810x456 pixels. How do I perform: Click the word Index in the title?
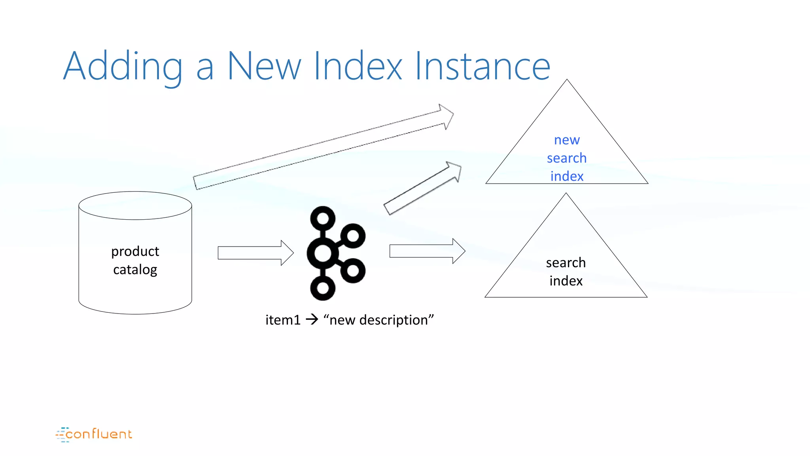coord(358,66)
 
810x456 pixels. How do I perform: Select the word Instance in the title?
coord(483,66)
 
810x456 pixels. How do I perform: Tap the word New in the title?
coord(264,66)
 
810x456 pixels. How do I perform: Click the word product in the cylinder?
coord(135,251)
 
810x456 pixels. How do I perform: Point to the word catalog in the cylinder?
coord(135,270)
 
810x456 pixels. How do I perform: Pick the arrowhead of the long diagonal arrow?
coord(447,116)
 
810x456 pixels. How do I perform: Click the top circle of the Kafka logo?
coord(323,218)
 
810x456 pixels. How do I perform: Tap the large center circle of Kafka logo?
coord(323,253)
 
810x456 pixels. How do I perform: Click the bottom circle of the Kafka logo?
coord(323,288)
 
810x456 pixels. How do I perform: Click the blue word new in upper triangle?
coord(567,140)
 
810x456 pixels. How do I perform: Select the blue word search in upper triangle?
coord(567,158)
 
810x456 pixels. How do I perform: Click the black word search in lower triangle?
coord(566,262)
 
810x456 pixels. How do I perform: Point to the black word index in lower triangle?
coord(566,281)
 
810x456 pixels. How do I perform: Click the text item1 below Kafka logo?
coord(283,320)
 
